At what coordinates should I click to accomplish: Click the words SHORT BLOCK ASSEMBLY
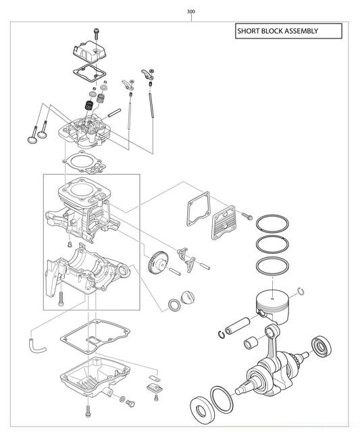click(x=277, y=31)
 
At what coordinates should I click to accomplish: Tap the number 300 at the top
click(x=192, y=11)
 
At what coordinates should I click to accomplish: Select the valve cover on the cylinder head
click(x=91, y=51)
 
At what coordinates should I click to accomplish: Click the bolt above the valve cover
click(x=97, y=31)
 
